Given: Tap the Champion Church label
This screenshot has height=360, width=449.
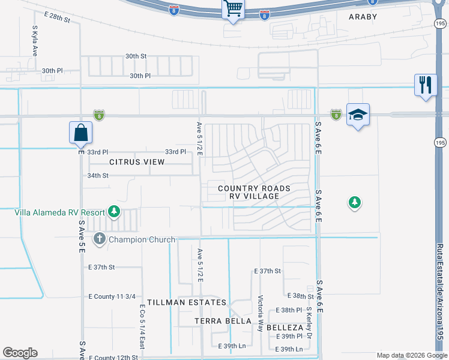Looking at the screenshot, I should (x=141, y=239).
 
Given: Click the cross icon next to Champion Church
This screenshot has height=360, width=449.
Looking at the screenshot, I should (x=100, y=239).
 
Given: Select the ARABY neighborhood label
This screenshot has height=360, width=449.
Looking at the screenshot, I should (x=363, y=17).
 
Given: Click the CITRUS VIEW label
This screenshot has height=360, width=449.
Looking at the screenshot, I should (x=137, y=162).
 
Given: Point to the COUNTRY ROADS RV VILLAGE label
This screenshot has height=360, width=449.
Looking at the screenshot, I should (x=254, y=192).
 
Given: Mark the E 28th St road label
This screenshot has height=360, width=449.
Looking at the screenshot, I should (x=57, y=19).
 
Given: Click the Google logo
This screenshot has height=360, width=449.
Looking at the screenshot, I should (x=20, y=353).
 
